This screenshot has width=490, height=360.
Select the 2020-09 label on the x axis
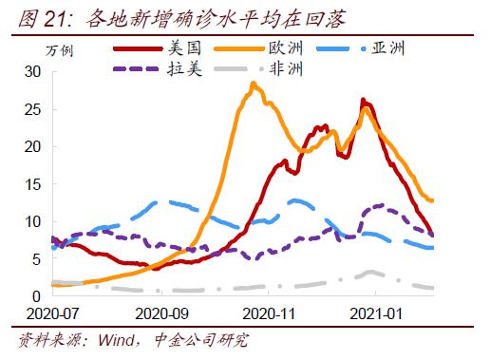point(163,313)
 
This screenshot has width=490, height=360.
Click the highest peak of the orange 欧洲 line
point(253,84)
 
